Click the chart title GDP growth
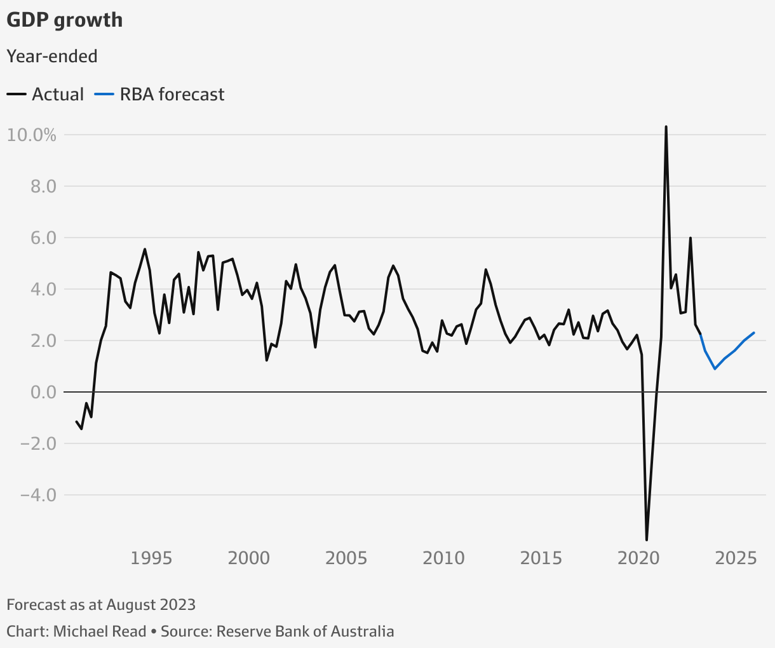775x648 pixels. click(64, 20)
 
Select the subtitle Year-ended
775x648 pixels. click(52, 57)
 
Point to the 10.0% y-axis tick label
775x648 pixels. click(32, 135)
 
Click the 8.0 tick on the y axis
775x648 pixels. click(41, 187)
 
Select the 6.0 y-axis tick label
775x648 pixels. click(41, 238)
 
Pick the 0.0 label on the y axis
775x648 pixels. click(41, 393)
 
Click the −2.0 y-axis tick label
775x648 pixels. click(37, 444)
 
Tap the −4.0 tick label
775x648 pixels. click(37, 496)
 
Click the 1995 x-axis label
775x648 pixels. click(151, 558)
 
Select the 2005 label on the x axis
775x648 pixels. click(346, 558)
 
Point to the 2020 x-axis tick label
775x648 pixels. click(639, 558)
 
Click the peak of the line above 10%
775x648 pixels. click(666, 126)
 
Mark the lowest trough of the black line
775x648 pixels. click(647, 540)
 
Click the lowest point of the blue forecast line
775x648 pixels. click(715, 368)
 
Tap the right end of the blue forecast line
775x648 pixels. click(754, 332)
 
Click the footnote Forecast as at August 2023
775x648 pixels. click(101, 604)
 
